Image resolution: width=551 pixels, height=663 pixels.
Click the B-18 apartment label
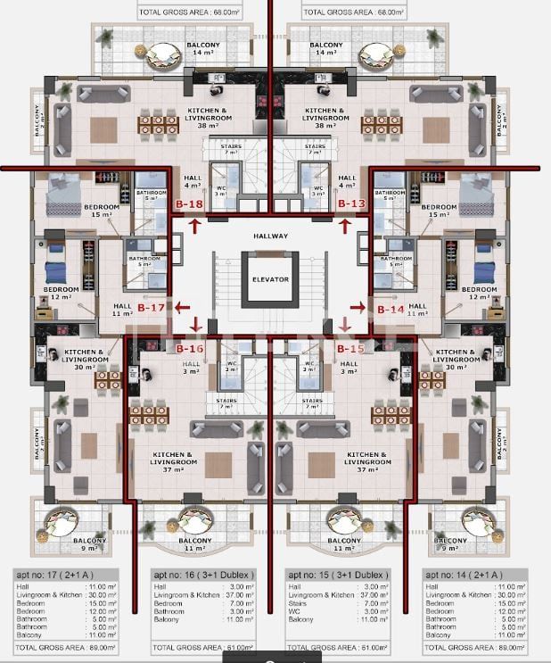[189, 204]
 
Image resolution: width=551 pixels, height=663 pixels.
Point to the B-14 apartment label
[390, 309]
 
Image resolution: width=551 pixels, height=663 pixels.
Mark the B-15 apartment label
[351, 349]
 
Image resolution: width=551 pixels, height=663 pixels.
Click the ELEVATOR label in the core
[270, 279]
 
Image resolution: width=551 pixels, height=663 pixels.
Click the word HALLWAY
[270, 236]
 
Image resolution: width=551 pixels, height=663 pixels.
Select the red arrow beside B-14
[358, 308]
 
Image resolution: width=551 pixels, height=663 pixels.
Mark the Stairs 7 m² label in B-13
[315, 149]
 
